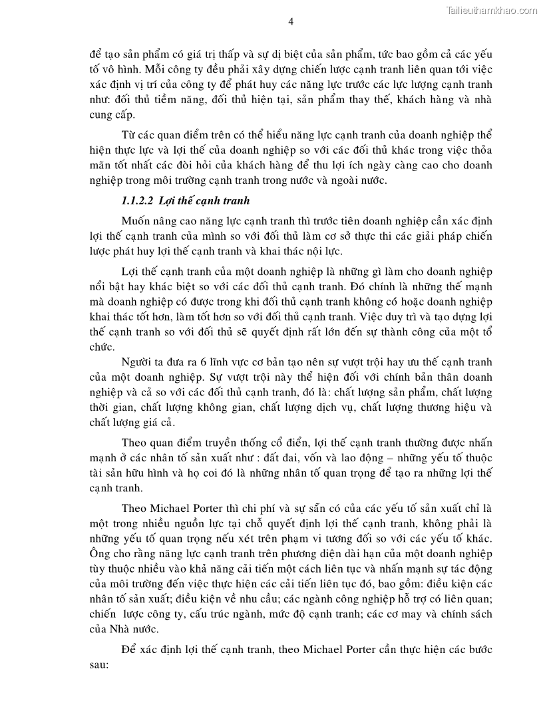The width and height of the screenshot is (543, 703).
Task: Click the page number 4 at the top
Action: pos(291,21)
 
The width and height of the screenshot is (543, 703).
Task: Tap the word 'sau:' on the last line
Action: pos(98,664)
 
